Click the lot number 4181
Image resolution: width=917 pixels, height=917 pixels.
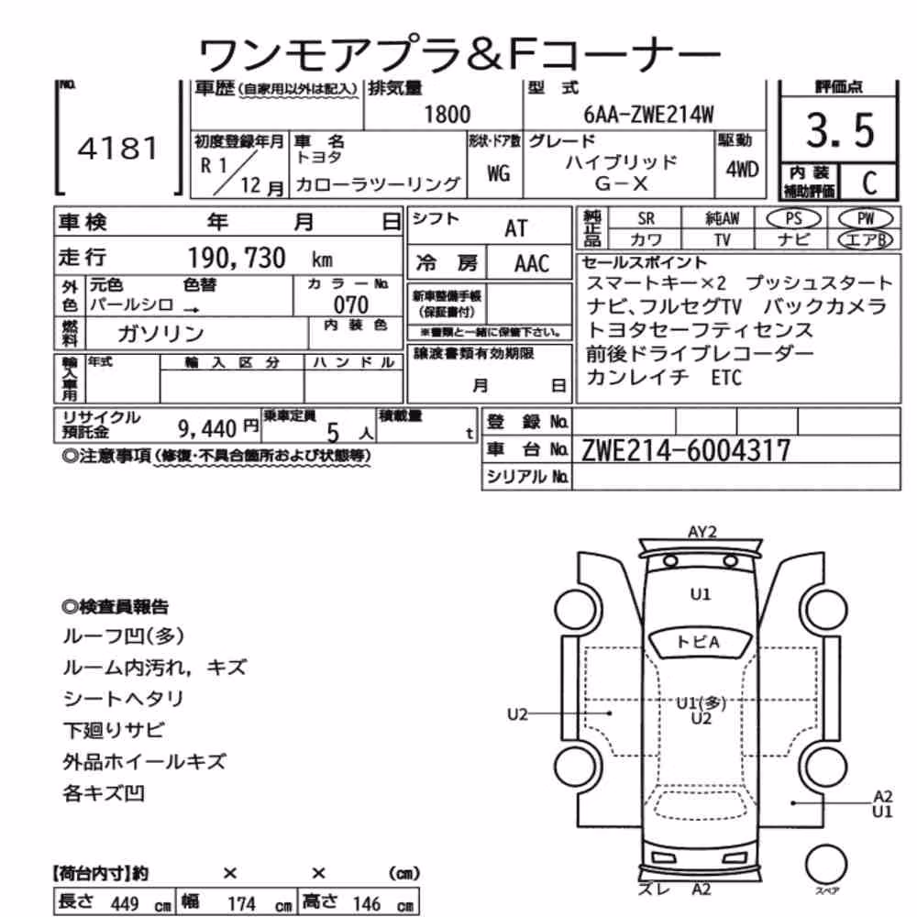117,149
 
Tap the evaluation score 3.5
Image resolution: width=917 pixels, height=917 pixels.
840,130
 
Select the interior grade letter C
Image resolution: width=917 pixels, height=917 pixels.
869,183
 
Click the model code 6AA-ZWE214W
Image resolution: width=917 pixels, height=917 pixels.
648,114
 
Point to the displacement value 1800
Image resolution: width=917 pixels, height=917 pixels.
447,114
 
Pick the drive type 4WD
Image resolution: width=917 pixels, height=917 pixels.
742,169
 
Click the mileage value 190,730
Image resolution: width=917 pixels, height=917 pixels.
237,258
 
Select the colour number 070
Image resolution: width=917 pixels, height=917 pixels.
351,304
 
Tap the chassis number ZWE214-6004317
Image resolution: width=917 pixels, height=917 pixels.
685,450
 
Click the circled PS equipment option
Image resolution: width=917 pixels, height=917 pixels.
793,218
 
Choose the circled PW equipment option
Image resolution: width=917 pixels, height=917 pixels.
866,218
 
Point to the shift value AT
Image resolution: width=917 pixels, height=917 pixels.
515,228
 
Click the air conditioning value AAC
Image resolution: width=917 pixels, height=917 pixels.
532,264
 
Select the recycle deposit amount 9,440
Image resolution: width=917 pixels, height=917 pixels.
207,429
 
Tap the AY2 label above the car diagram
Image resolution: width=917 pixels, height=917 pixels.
702,532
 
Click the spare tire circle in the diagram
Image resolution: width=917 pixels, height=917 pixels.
826,865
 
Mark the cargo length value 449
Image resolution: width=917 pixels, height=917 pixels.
125,904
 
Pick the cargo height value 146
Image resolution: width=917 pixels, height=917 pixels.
367,904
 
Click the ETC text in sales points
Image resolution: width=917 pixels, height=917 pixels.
725,378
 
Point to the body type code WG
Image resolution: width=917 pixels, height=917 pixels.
498,173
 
